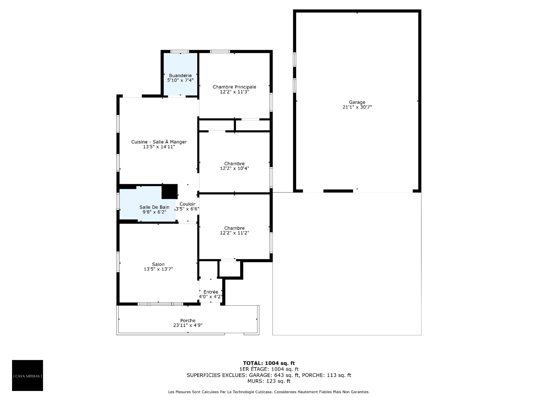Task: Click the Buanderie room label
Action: [x=180, y=76]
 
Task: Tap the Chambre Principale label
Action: [x=234, y=87]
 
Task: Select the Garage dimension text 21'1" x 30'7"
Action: [x=357, y=107]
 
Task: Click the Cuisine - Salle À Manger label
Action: [x=159, y=142]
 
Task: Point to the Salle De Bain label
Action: [x=154, y=207]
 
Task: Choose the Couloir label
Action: [x=187, y=204]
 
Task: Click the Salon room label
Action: [x=158, y=264]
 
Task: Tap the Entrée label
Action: [x=211, y=292]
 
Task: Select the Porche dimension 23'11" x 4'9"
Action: [x=188, y=325]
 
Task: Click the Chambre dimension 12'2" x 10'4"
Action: [x=235, y=168]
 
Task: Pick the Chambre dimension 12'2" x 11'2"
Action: [x=235, y=233]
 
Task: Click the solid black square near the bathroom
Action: [x=170, y=192]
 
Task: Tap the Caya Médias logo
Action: [x=27, y=375]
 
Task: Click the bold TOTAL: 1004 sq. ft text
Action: [x=269, y=363]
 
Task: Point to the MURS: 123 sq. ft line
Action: [x=269, y=381]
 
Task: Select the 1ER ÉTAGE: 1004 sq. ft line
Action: [x=269, y=369]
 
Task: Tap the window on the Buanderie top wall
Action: [x=180, y=51]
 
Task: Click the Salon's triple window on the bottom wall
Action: [x=160, y=304]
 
